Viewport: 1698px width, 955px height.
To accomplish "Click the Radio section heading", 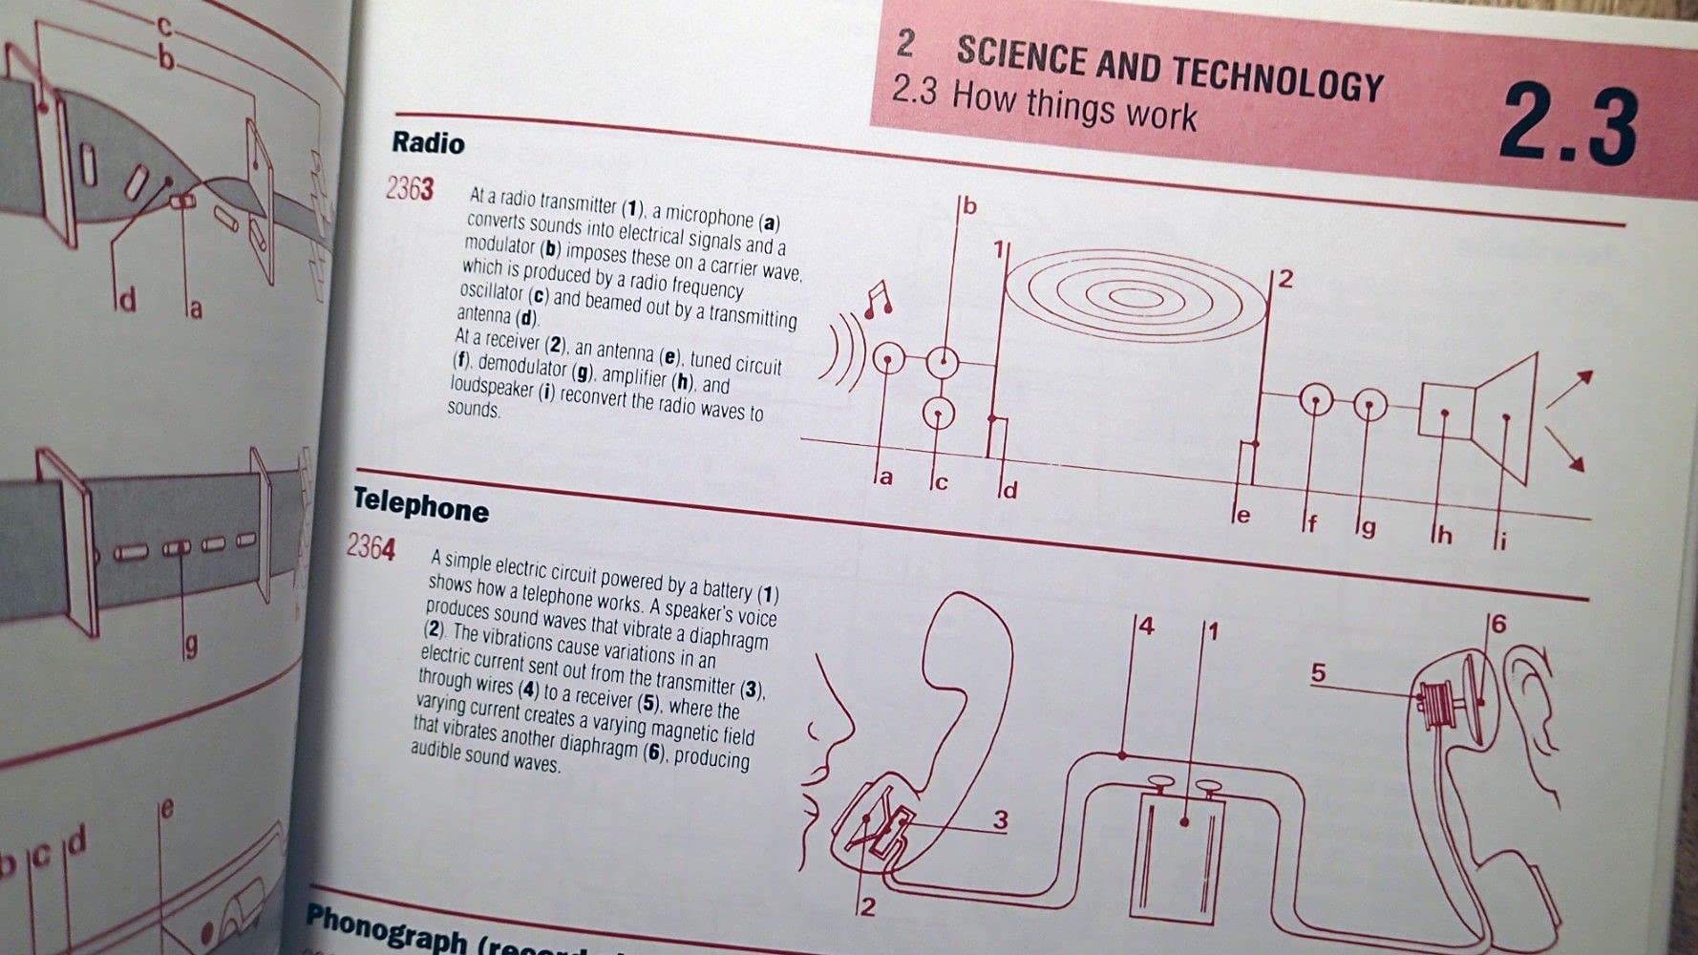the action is tap(428, 143).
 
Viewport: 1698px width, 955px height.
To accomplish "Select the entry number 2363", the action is tap(410, 189).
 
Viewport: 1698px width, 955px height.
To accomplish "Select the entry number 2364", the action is tap(370, 548).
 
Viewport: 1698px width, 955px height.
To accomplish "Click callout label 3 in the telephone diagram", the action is tap(1000, 819).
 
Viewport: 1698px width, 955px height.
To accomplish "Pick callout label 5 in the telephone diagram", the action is tap(1319, 673).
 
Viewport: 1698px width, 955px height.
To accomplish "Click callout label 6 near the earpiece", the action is tap(1498, 624).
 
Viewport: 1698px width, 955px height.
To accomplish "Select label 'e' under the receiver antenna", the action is tap(1242, 516).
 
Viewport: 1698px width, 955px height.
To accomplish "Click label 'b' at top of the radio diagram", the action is tap(969, 205).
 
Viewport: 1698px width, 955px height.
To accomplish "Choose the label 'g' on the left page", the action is tap(191, 647).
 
